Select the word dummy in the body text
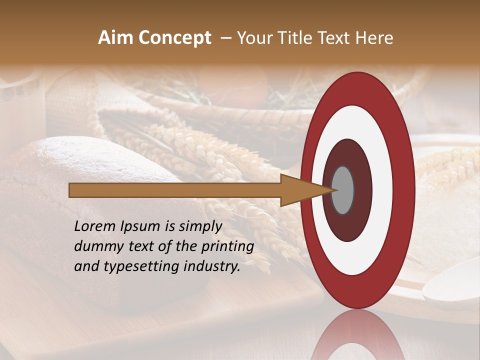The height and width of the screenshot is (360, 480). click(x=97, y=246)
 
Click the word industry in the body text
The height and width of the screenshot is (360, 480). click(x=210, y=266)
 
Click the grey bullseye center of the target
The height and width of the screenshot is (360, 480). click(x=343, y=190)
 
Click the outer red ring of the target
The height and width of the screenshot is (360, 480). click(x=404, y=190)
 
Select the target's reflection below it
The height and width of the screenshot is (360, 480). click(x=358, y=335)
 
